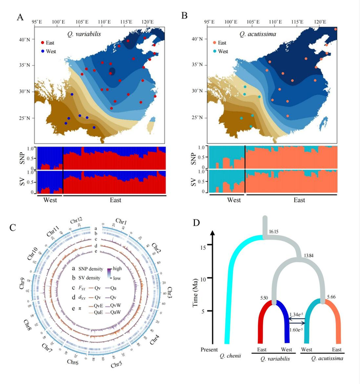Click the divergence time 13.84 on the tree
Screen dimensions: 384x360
(310, 255)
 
